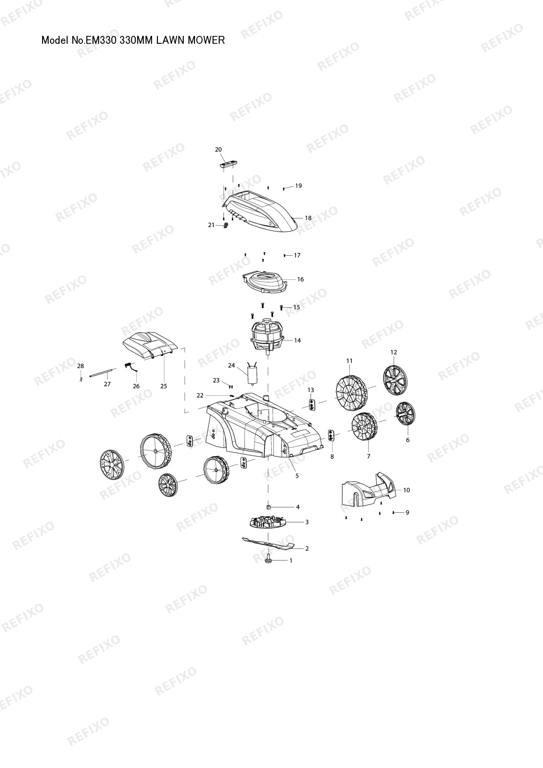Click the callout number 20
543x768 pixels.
pyautogui.click(x=218, y=150)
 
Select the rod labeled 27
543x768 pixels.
pyautogui.click(x=103, y=373)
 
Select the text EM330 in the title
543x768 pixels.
pyautogui.click(x=102, y=40)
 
